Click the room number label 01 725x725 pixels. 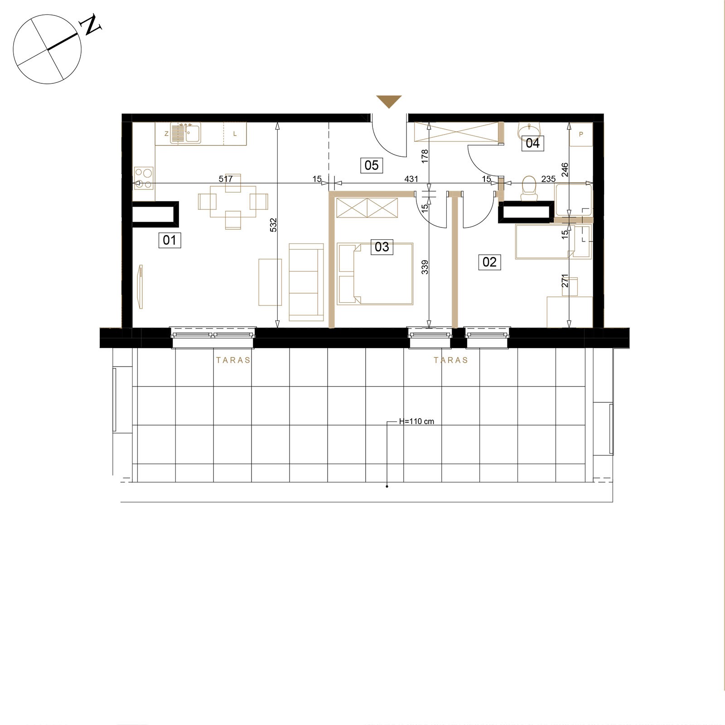169,240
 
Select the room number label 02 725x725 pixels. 489,262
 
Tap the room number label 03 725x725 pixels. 382,247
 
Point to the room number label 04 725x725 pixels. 532,143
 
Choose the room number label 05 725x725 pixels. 372,165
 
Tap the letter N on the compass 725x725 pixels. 91,25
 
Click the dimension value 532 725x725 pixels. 273,226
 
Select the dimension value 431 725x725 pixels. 411,179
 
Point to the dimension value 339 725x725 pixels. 425,267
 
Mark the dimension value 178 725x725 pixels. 425,156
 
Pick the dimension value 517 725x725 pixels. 226,179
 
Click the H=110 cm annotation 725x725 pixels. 416,421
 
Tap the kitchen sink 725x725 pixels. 186,133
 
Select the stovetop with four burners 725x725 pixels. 144,178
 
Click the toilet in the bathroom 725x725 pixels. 528,188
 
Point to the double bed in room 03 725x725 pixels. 375,274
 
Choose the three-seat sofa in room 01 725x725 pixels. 306,281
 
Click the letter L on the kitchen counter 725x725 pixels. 235,134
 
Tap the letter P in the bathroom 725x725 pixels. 581,134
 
